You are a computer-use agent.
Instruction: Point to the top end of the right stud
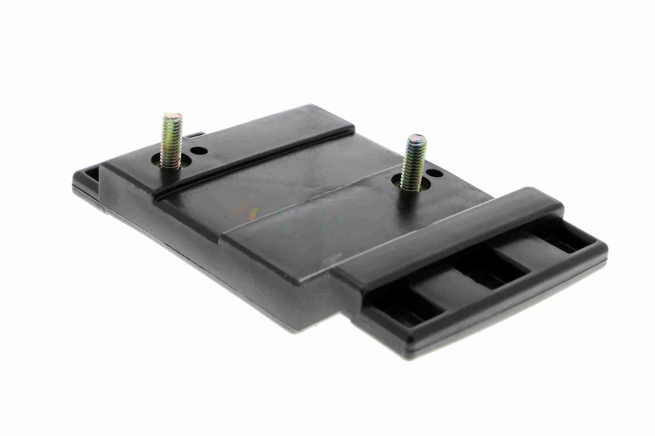coord(416,138)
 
